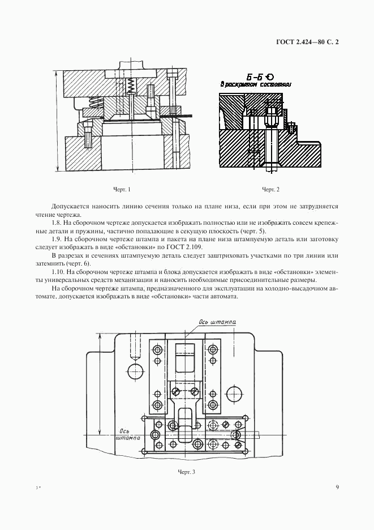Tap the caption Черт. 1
coord(122,189)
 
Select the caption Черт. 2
coord(271,189)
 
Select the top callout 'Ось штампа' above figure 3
coord(217,322)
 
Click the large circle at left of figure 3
coord(136,371)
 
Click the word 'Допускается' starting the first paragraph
coord(69,207)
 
